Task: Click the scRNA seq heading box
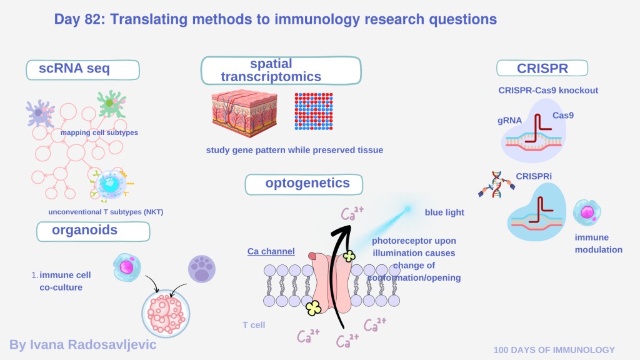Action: click(82, 69)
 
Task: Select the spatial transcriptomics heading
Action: click(280, 70)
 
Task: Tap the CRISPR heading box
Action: click(542, 69)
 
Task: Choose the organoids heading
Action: click(93, 230)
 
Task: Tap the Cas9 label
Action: click(562, 116)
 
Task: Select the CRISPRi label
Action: click(534, 176)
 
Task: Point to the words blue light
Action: click(444, 212)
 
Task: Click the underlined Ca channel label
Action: click(271, 251)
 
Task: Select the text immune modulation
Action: click(598, 244)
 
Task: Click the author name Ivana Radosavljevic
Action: click(82, 344)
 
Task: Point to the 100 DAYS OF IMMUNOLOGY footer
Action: click(554, 350)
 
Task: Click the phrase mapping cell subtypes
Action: click(99, 132)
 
